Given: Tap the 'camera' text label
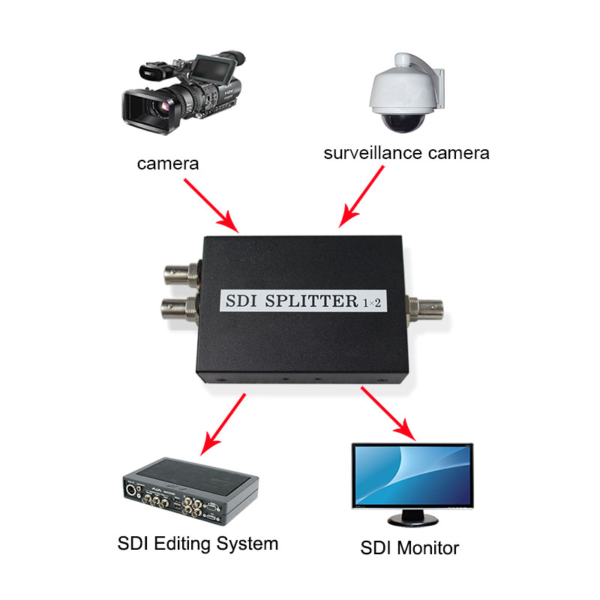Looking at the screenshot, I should click(x=168, y=163).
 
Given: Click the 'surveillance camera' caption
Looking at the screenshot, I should click(x=406, y=153).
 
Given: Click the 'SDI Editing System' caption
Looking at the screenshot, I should click(x=198, y=543).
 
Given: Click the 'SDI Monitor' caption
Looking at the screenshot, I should click(x=409, y=547).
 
